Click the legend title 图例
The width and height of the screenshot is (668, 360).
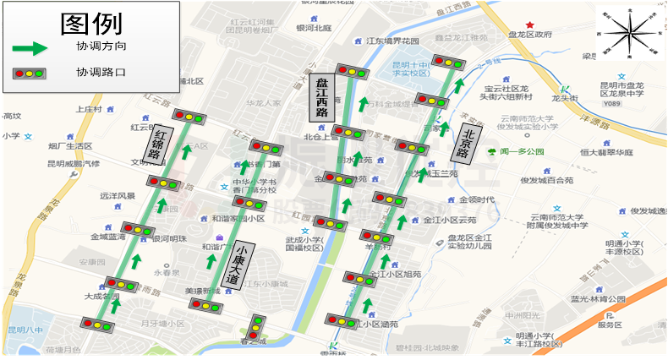click(91, 24)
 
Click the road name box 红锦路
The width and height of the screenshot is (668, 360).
click(162, 143)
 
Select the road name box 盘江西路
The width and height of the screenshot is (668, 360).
click(321, 97)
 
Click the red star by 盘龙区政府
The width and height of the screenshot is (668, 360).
click(530, 25)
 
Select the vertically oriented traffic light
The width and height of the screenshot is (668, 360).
click(258, 326)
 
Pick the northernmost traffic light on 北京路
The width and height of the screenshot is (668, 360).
click(446, 61)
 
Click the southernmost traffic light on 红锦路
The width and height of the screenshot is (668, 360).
click(98, 324)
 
